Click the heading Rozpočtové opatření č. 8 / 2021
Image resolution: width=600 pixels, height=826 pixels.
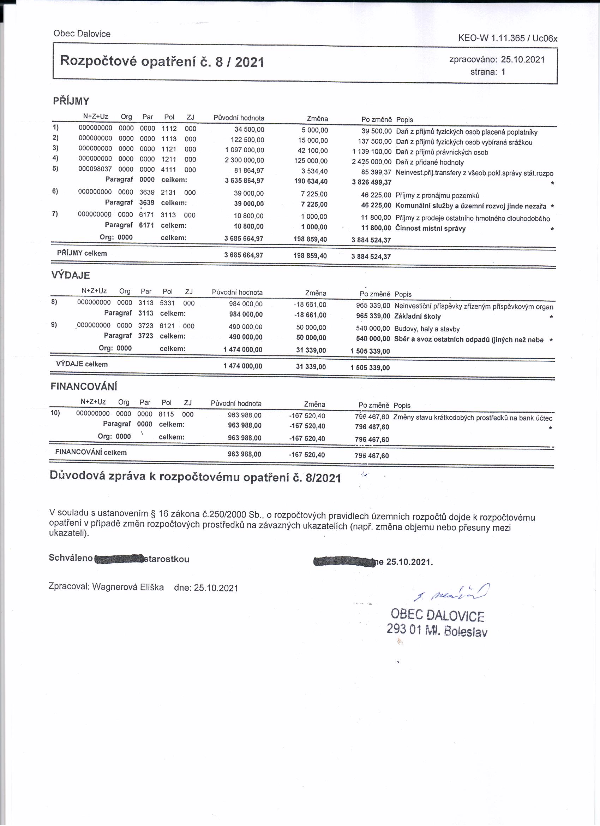pos(162,61)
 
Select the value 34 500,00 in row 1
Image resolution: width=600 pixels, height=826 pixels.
pos(249,130)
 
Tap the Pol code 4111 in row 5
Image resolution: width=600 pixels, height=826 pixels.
pos(169,170)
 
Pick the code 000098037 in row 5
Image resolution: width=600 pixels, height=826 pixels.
pos(95,169)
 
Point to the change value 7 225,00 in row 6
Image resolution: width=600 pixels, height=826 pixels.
pos(314,194)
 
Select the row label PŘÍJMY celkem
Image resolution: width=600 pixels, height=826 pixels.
pos(82,253)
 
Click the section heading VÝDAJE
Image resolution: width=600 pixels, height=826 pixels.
pos(71,275)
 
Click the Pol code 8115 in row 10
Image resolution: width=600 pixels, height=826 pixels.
pos(166,414)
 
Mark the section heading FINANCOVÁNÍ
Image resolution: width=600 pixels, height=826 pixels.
pos(84,387)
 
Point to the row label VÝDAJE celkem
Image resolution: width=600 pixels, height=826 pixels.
pos(82,364)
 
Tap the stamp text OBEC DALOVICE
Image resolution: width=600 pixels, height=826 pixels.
pos(437,615)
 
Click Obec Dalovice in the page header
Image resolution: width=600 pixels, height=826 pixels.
pos(82,34)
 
